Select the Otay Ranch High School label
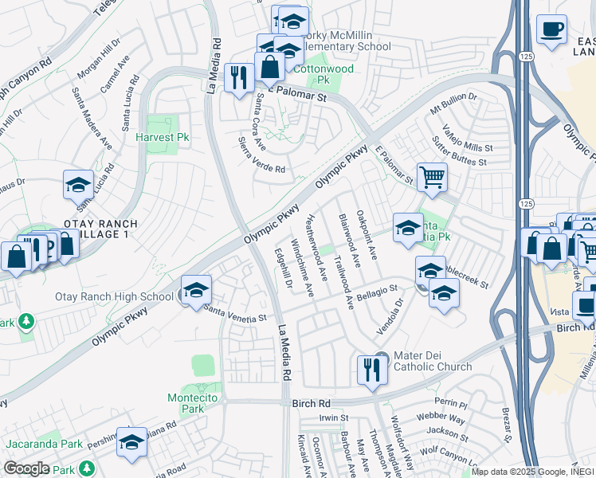click(x=114, y=297)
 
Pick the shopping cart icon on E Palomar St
click(x=432, y=178)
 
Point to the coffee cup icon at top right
click(x=551, y=31)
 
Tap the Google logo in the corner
click(x=26, y=468)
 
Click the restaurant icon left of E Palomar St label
click(x=239, y=78)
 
